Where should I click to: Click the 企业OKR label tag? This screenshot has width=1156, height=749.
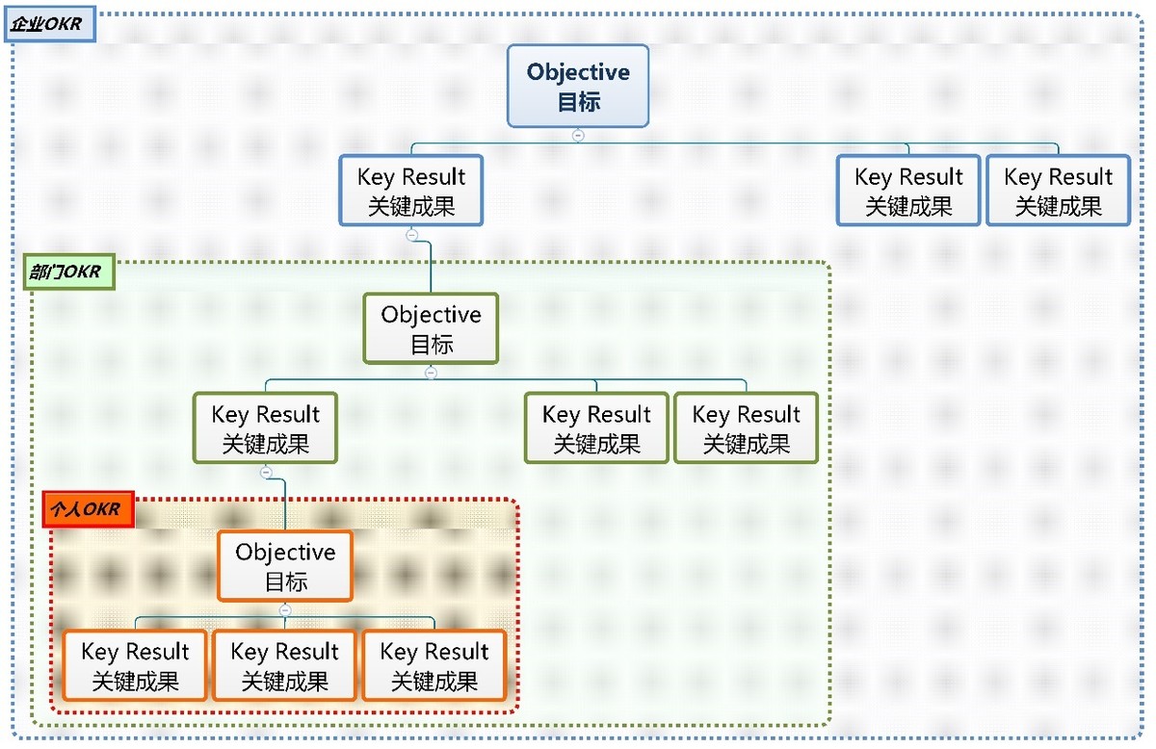[49, 25]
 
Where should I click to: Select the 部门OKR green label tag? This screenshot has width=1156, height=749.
[66, 272]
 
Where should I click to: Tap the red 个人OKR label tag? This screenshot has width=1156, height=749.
[88, 510]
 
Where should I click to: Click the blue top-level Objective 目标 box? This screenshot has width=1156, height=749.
[578, 86]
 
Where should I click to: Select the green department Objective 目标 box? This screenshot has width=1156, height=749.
[431, 328]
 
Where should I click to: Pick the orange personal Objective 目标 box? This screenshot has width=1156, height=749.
[285, 566]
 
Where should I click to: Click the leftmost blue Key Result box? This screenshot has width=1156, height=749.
[411, 191]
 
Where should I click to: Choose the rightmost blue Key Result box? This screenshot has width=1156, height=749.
[1058, 191]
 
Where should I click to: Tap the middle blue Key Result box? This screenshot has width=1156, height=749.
[908, 191]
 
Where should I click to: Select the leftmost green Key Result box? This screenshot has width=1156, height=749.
[265, 428]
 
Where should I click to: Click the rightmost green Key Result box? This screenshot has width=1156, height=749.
[746, 428]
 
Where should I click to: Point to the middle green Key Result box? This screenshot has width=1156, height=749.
[596, 428]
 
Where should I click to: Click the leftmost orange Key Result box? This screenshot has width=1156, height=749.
[135, 665]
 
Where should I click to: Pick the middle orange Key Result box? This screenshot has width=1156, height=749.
[284, 665]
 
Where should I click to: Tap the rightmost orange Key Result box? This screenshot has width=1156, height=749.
[434, 665]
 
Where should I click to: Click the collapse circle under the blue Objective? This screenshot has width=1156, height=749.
[578, 136]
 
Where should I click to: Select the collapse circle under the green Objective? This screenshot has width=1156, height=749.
[431, 374]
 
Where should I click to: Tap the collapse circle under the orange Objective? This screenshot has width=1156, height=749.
[285, 610]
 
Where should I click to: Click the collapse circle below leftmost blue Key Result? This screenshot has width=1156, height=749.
[411, 235]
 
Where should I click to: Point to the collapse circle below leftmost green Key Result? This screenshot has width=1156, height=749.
[266, 473]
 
